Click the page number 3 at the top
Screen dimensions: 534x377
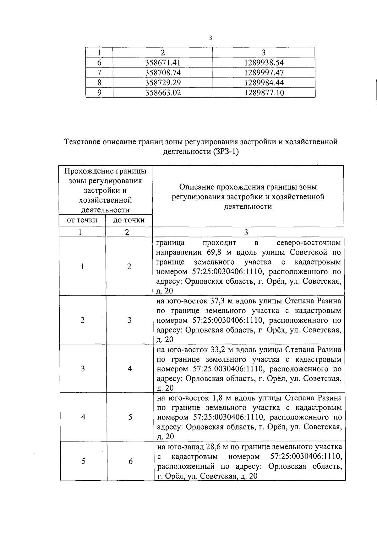(x=210, y=38)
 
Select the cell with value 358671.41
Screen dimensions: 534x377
(x=163, y=62)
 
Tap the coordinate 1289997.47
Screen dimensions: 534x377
(x=264, y=72)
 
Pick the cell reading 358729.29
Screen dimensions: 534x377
(x=163, y=83)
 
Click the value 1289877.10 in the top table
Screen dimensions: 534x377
(x=264, y=93)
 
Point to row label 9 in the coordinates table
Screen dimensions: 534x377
(x=99, y=93)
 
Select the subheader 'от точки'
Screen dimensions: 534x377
(x=82, y=220)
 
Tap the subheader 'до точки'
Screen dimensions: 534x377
(x=129, y=220)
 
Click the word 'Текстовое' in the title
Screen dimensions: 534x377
(x=83, y=142)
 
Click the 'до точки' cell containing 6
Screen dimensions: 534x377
(x=130, y=461)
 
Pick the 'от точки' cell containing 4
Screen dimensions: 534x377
(x=83, y=417)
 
